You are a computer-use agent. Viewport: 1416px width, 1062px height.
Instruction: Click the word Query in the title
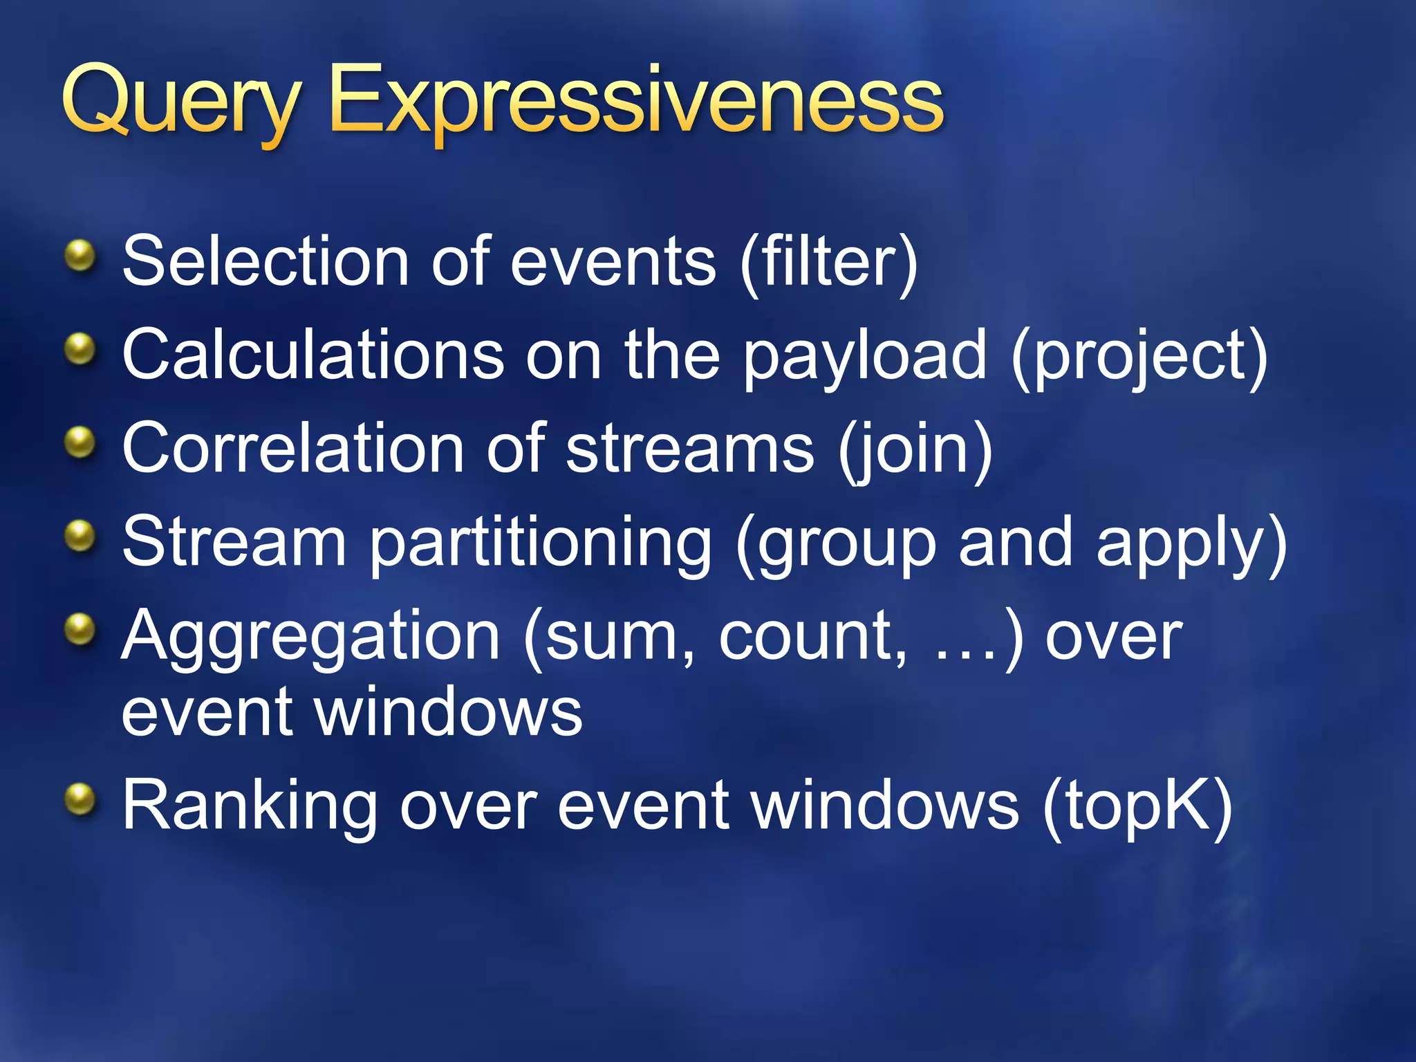[181, 104]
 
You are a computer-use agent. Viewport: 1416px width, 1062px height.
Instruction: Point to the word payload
[864, 357]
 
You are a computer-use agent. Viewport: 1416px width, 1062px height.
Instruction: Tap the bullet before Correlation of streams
[80, 442]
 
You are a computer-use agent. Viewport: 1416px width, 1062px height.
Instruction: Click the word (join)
[915, 449]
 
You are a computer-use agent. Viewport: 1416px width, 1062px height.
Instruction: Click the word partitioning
[541, 543]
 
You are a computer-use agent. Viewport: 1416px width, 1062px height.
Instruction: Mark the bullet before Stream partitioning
[80, 537]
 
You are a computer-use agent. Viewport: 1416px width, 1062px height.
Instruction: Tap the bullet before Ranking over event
[80, 800]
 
